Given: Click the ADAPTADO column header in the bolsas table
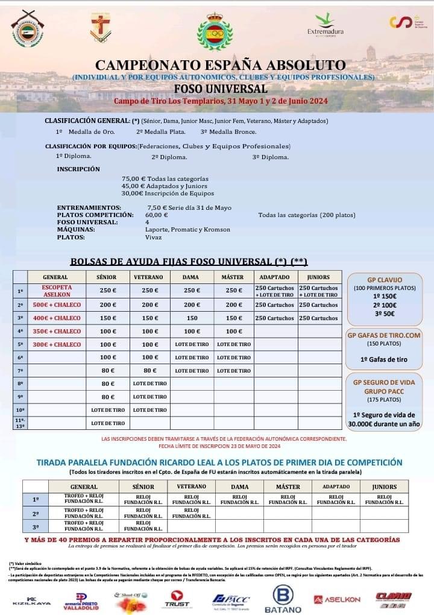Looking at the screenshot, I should click(x=275, y=277).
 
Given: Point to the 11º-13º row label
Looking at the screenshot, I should click(x=20, y=423).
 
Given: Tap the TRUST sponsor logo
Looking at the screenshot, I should click(x=177, y=599).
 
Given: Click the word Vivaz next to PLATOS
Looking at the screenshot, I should click(x=154, y=237).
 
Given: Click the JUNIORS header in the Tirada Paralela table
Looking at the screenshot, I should click(x=384, y=487).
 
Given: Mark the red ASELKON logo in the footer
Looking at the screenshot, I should click(x=338, y=599).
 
